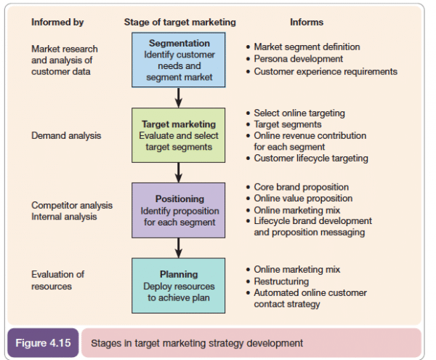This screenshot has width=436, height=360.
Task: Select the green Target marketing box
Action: point(179,135)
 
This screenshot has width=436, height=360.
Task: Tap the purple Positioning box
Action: point(179,210)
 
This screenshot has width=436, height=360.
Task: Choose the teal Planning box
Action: point(179,285)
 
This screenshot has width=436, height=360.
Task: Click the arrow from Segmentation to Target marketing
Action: point(179,97)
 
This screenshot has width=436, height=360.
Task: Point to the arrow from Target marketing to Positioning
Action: point(179,172)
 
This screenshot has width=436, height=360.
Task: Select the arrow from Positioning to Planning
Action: point(179,247)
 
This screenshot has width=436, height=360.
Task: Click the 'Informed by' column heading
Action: point(57,23)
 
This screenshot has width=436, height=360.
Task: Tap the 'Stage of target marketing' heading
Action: point(179,23)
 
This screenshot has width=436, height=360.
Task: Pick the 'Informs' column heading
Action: point(307,23)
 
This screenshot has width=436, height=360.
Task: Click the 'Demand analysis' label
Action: point(66,135)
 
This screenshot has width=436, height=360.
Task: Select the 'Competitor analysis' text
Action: point(72,206)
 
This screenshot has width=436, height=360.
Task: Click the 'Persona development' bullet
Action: point(298,59)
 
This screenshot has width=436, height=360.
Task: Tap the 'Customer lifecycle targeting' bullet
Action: point(310,159)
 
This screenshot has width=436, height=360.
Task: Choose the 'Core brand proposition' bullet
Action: point(301,187)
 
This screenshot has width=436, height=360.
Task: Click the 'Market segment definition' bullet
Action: point(306,47)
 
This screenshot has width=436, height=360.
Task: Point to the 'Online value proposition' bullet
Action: point(303,199)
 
